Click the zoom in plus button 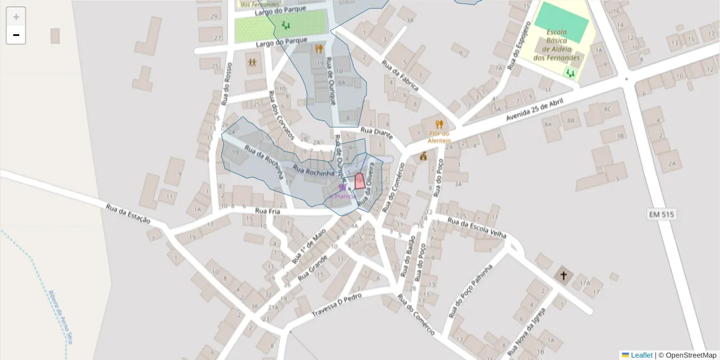16,17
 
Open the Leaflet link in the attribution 641,355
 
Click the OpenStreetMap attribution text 691,355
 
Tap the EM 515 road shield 662,214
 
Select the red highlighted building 359,181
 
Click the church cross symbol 563,276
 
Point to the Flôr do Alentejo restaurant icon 439,124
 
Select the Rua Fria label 268,211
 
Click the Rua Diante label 376,131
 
